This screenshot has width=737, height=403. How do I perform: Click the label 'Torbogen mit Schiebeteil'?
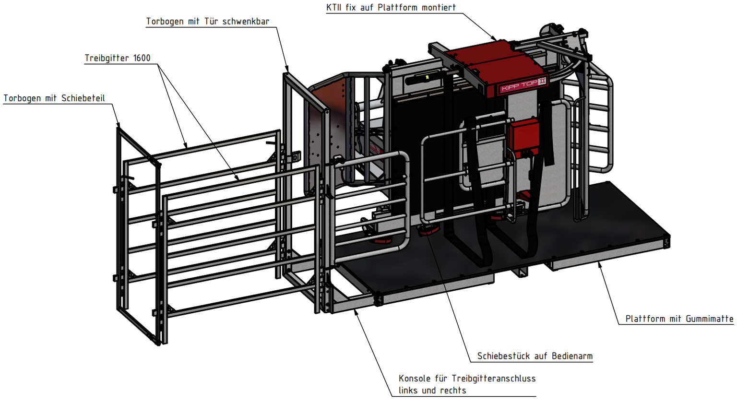click(54, 98)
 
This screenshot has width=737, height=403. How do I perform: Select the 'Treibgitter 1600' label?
click(118, 58)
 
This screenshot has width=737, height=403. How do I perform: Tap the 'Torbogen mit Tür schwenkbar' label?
click(208, 22)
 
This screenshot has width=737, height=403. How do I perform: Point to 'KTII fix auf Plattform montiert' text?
click(391, 7)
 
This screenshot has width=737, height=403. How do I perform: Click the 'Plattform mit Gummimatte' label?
click(679, 319)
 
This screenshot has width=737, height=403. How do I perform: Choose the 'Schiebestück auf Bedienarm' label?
click(535, 356)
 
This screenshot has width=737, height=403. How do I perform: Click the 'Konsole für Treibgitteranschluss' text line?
click(467, 379)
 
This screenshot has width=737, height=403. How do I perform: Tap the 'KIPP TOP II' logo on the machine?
click(523, 85)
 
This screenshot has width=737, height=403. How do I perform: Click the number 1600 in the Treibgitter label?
click(142, 58)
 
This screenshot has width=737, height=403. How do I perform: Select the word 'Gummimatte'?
click(710, 319)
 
